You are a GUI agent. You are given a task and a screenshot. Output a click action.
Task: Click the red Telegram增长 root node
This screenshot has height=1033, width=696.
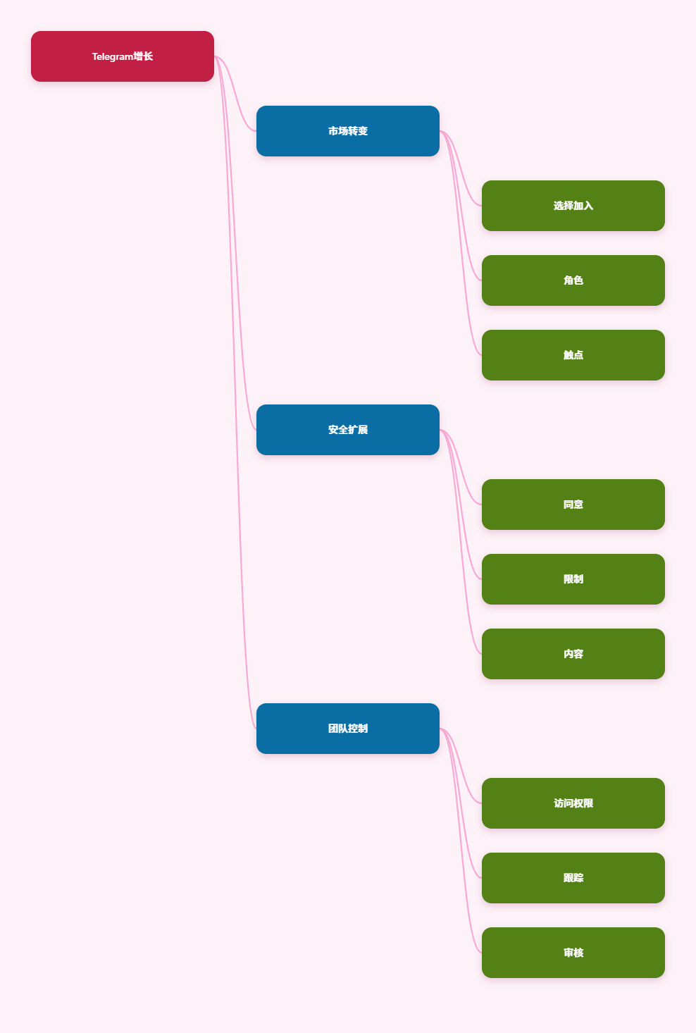coord(122,56)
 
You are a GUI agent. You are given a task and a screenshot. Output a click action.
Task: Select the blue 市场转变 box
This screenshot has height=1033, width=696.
coord(347,131)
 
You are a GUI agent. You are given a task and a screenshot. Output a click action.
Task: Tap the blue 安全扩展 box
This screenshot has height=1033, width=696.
coord(347,430)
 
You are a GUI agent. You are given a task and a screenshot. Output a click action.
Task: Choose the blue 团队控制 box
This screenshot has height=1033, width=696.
coord(347,729)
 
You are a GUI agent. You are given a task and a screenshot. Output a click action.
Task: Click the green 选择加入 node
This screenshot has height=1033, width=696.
coord(573,206)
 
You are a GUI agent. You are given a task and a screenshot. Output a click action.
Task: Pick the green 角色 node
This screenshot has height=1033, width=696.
coord(573,280)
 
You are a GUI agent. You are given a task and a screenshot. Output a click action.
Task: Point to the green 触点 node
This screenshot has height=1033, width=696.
coord(573,355)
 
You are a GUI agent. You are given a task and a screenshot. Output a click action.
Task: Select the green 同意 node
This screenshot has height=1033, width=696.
coord(573,505)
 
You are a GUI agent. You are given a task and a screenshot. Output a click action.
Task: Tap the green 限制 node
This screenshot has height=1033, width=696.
coord(573,579)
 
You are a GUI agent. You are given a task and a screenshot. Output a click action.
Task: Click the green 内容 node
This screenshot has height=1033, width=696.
coord(573,654)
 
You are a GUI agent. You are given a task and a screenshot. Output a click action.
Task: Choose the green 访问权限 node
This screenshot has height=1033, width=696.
coord(573,803)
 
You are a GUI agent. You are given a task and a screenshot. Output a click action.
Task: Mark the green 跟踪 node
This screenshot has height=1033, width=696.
coord(573,878)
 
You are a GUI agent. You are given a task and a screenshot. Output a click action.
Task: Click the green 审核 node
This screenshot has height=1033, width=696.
coord(573,953)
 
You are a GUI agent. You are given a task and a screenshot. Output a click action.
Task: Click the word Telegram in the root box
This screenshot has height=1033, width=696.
coord(113,56)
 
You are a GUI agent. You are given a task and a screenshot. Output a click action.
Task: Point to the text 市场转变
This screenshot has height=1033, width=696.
coord(348,131)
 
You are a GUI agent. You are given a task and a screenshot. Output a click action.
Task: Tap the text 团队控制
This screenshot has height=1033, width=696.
coord(348,729)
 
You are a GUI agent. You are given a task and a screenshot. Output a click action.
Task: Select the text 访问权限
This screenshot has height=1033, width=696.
coord(573,803)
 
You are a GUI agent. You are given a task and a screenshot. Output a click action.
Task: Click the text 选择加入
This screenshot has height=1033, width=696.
coord(573,206)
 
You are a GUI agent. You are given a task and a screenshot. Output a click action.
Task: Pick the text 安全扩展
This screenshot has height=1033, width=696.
coord(348,430)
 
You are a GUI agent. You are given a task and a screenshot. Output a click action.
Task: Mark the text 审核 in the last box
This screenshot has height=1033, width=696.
coord(573,953)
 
